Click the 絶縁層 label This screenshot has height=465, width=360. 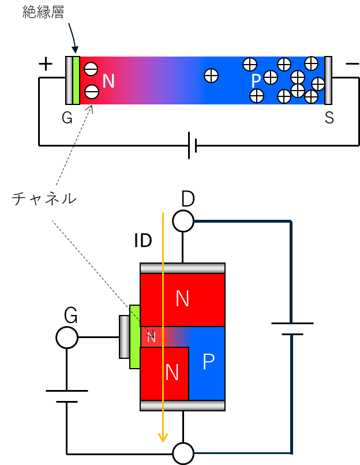pos(43,13)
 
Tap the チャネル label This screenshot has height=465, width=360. pos(44,198)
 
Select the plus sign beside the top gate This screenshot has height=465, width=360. pos(46,64)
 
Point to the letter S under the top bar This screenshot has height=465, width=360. pos(329,118)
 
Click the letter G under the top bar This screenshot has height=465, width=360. pos(67,118)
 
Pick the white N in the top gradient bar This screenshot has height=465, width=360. pos(108,81)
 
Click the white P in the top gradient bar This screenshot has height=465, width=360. pos(256,81)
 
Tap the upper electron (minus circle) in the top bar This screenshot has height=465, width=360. pos(91,69)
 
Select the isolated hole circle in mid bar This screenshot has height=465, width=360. pos(211,76)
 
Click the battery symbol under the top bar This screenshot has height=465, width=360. pos(193,145)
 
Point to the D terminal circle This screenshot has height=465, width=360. pos(183,221)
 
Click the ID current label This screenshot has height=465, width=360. pos(143,240)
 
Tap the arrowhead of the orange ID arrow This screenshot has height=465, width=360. pos(163,437)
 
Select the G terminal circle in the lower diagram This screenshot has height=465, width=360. pos(67,337)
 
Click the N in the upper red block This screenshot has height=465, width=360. pos(182,298)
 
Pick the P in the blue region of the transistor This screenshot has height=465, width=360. pos(208,361)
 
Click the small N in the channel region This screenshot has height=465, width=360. pos(151,337)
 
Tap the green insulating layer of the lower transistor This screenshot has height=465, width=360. pos(134,337)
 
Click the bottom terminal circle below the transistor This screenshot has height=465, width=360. pos(183,453)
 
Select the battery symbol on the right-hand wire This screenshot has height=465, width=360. pos(292,329)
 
